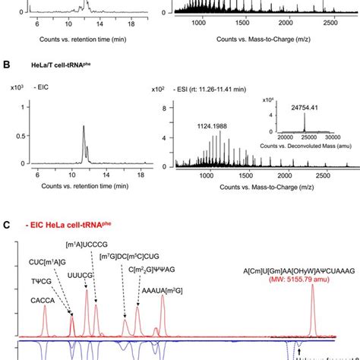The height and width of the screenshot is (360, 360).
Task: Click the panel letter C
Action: point(6,225)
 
